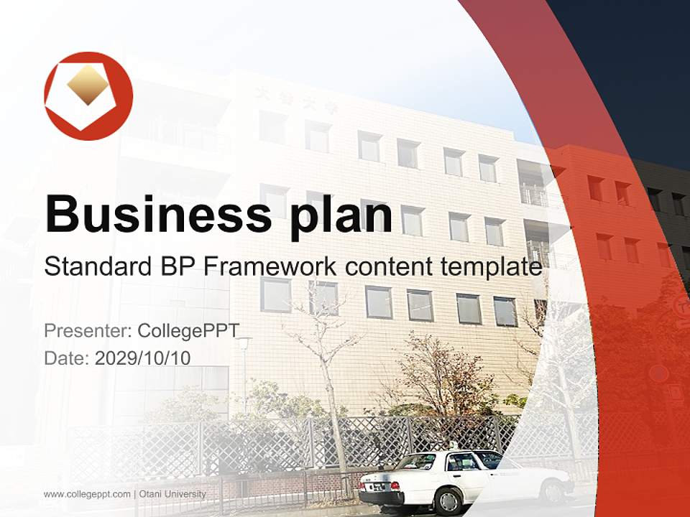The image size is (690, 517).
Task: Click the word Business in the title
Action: pyautogui.click(x=158, y=214)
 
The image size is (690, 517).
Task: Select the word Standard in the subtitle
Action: pyautogui.click(x=98, y=266)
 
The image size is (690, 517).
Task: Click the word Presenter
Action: pyautogui.click(x=88, y=331)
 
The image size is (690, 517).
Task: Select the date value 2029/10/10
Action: pyautogui.click(x=142, y=358)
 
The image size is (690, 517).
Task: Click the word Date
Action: pyautogui.click(x=67, y=358)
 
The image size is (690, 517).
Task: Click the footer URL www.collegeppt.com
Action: pyautogui.click(x=87, y=494)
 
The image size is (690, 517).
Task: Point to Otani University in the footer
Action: pyautogui.click(x=172, y=494)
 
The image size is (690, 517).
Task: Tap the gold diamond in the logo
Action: pyautogui.click(x=87, y=85)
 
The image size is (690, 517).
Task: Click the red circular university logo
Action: pyautogui.click(x=88, y=96)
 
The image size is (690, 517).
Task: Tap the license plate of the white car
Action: pyautogui.click(x=379, y=487)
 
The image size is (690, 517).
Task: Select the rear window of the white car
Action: pyautogui.click(x=417, y=462)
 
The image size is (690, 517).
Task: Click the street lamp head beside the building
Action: pyautogui.click(x=244, y=340)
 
